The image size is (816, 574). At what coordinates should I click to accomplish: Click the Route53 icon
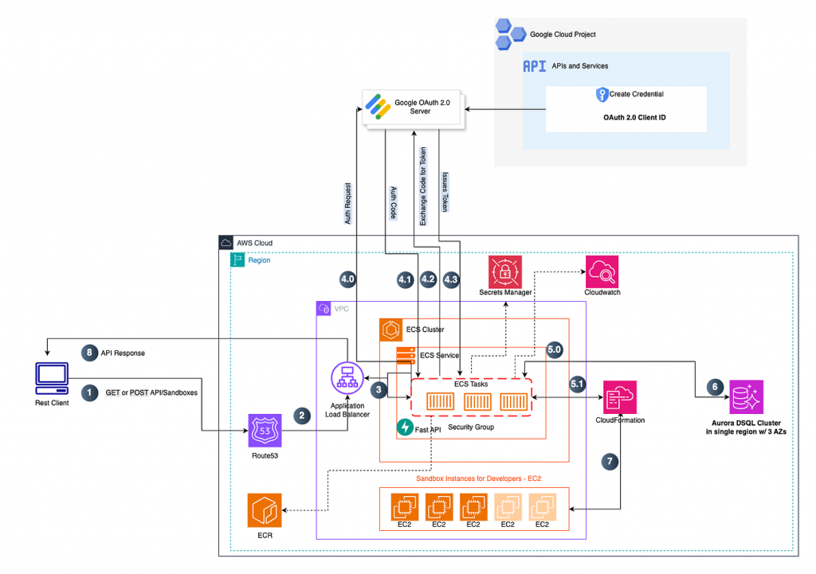click(x=265, y=431)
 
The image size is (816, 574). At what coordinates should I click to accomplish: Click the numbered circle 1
click(x=92, y=392)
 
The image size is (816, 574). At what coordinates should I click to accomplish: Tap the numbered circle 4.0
click(x=347, y=279)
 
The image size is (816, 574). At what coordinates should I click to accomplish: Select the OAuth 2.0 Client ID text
click(x=626, y=116)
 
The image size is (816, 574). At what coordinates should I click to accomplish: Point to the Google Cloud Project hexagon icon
click(x=512, y=34)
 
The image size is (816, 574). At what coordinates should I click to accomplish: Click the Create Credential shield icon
click(x=602, y=94)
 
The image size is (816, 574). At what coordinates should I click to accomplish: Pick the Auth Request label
click(x=348, y=202)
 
